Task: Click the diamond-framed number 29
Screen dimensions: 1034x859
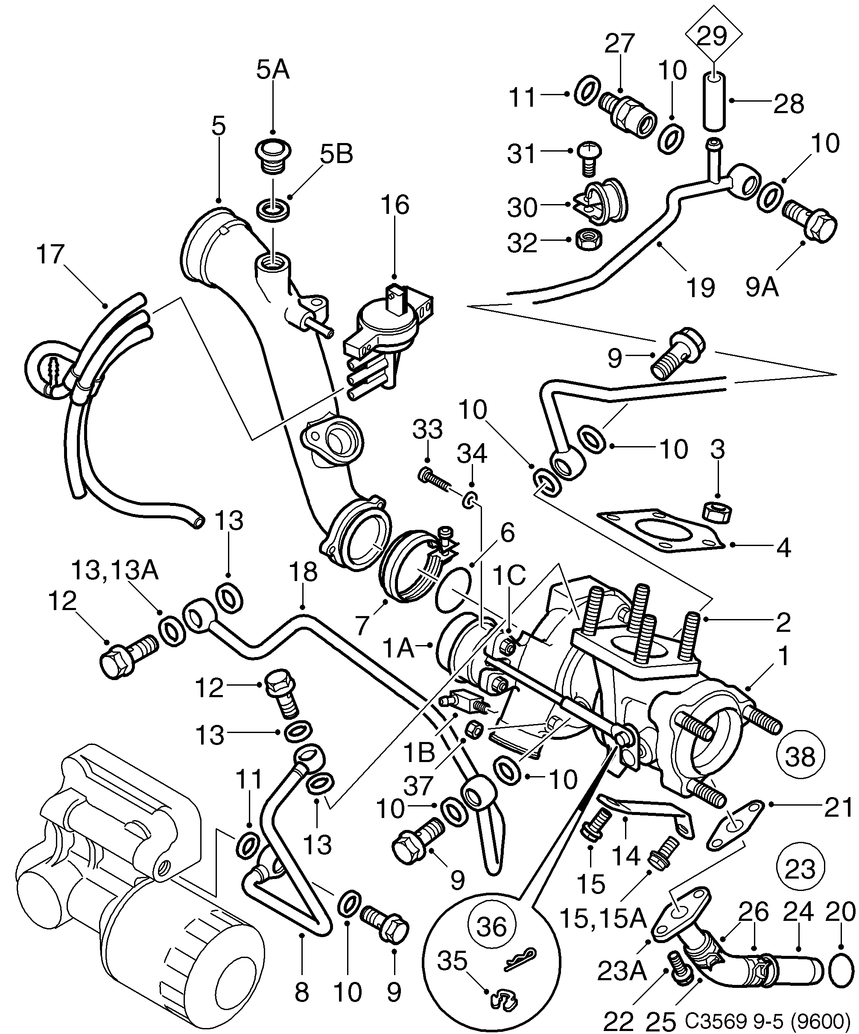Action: [713, 35]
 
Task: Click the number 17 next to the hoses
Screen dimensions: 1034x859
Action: [50, 254]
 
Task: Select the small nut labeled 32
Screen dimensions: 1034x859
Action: [587, 240]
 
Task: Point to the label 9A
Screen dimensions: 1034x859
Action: [762, 287]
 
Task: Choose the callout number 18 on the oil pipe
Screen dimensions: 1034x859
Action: [304, 572]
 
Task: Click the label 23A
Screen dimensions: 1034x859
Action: [621, 972]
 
